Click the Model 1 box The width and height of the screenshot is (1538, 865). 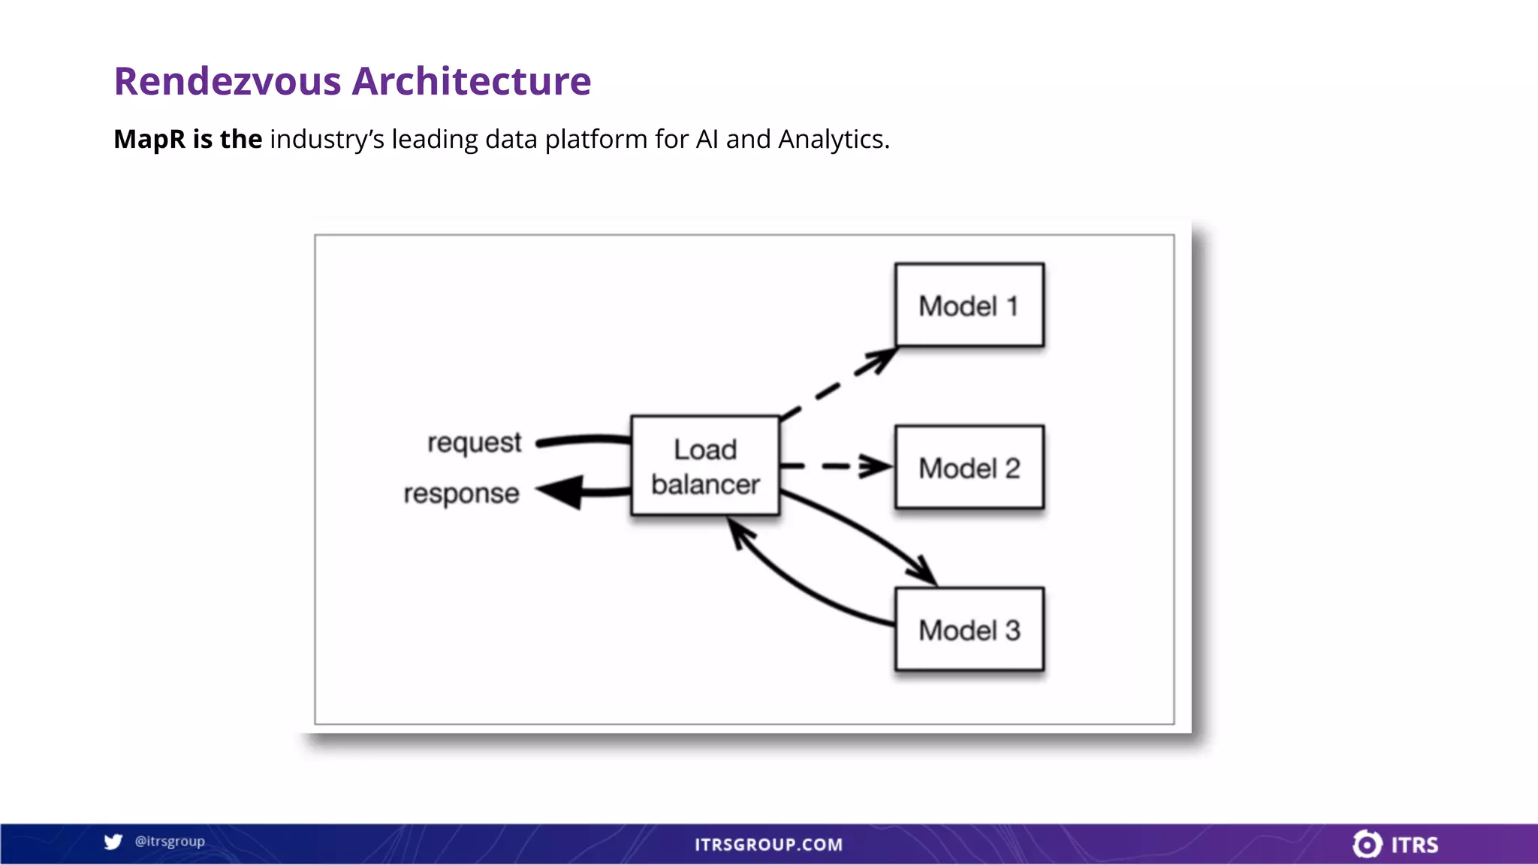click(969, 305)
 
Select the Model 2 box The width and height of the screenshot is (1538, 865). click(969, 467)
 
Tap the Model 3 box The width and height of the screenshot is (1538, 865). click(969, 629)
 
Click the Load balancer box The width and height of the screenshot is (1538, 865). click(704, 466)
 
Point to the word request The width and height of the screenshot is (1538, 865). click(474, 443)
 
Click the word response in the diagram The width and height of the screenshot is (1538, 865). click(461, 493)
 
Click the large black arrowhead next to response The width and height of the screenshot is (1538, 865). click(562, 493)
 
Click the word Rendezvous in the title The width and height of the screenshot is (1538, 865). click(228, 81)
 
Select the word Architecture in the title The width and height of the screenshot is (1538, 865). click(472, 81)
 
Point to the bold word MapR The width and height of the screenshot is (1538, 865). click(149, 139)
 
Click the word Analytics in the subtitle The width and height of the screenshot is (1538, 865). click(833, 139)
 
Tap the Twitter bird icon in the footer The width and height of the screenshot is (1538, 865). click(113, 842)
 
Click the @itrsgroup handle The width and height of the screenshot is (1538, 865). click(170, 842)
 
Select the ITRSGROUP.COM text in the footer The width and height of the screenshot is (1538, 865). click(768, 845)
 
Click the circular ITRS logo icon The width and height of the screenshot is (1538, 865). click(1367, 844)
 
